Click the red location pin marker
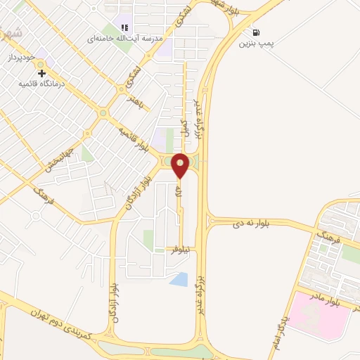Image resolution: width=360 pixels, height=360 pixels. click(180, 165)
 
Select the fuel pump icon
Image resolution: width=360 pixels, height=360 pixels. click(255, 32)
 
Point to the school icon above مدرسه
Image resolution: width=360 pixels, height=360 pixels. click(124, 27)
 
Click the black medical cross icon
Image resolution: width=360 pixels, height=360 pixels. click(41, 72)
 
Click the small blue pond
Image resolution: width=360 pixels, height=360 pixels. click(179, 279)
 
